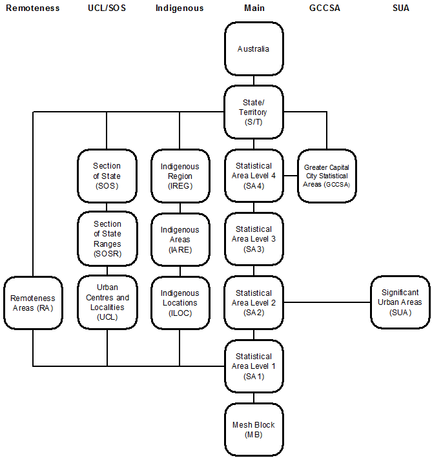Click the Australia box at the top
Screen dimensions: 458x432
[x=253, y=49]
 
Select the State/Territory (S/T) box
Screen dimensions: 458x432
[x=253, y=112]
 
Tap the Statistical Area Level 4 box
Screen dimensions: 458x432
[x=253, y=176]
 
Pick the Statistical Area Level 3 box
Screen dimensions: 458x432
[x=253, y=239]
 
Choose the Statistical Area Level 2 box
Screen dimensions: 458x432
[x=253, y=302]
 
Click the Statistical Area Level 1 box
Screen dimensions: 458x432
[x=253, y=366]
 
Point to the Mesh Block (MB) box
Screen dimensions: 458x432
[x=253, y=430]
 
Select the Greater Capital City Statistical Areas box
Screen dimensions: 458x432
[x=326, y=176]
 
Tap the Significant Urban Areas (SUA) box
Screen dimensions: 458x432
[x=400, y=302]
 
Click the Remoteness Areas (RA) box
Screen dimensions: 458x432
[x=32, y=302]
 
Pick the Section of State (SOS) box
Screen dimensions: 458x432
[x=107, y=176]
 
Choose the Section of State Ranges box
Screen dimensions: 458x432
[x=107, y=239]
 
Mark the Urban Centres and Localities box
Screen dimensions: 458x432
[x=107, y=302]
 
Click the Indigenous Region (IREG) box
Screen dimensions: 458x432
[x=180, y=176]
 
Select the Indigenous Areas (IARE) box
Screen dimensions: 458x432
[x=180, y=239]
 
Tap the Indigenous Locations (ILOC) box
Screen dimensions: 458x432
[x=180, y=302]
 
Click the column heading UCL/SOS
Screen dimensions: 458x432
[x=107, y=8]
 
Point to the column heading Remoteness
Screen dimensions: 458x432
[x=32, y=8]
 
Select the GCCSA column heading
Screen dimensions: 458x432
[x=326, y=8]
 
